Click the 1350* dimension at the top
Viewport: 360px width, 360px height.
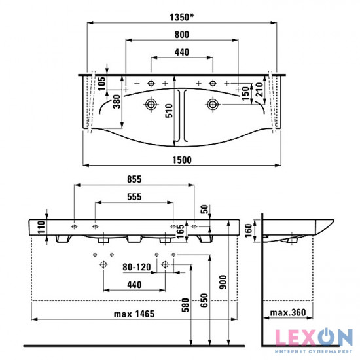(x=181, y=18)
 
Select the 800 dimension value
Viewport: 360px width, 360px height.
(x=182, y=35)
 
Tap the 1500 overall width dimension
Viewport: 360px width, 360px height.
(x=182, y=160)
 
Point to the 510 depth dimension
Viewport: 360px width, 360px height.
(x=170, y=111)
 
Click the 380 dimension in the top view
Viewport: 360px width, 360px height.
(x=117, y=101)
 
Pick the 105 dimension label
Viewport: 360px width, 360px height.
(x=101, y=84)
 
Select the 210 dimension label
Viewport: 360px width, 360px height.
(x=259, y=90)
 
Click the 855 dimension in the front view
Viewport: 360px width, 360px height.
(x=134, y=179)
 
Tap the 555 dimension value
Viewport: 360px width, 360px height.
(x=134, y=197)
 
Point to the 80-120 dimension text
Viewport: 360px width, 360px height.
(x=137, y=267)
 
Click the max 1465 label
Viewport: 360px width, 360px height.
(x=134, y=314)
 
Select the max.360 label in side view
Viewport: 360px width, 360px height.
(x=288, y=312)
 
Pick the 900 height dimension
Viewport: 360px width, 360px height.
(x=223, y=282)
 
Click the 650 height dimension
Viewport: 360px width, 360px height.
(x=204, y=300)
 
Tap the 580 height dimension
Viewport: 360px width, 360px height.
(x=185, y=305)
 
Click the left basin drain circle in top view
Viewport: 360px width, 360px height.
(x=151, y=105)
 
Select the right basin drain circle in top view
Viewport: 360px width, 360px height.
(x=213, y=105)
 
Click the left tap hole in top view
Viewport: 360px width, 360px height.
(x=151, y=83)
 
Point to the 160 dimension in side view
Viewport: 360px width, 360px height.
(x=249, y=231)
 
